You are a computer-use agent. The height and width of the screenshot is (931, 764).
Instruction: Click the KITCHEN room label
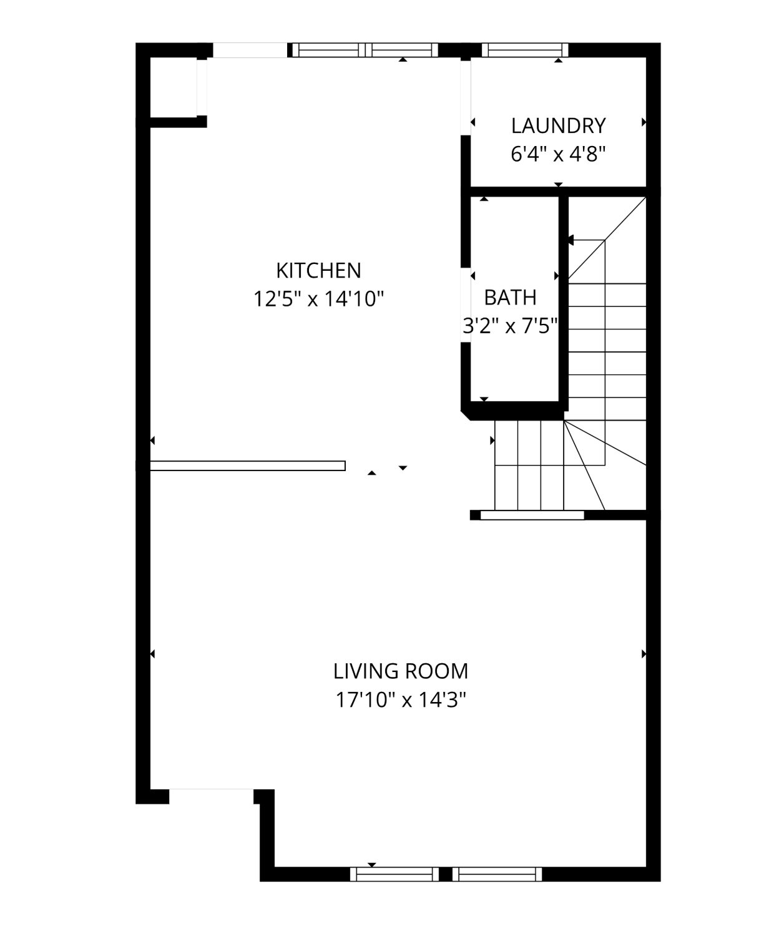coord(318,271)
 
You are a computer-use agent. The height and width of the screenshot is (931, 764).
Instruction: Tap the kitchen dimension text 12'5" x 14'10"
coord(318,300)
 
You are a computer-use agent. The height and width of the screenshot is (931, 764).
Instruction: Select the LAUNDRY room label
coord(558,126)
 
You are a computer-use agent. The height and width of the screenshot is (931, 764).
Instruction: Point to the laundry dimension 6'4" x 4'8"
coord(558,155)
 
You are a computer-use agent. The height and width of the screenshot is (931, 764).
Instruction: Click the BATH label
coord(510,298)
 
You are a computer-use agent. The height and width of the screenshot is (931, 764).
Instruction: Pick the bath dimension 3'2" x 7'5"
coord(510,327)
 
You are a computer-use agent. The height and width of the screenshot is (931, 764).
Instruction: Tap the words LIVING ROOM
coord(401,671)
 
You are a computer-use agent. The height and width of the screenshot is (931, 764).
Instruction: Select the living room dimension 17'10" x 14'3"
coord(401,700)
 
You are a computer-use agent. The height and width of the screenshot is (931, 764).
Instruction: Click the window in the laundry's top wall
coord(525,50)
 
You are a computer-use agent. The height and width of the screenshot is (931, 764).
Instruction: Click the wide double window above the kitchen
coord(365,50)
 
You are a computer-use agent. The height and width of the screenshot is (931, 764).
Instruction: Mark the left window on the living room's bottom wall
coord(394,874)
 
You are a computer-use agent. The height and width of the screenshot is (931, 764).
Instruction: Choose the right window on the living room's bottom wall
coord(497,874)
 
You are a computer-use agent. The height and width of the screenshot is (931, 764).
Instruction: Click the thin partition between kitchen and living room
coord(247,465)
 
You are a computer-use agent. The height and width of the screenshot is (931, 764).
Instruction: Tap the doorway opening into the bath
coord(466,305)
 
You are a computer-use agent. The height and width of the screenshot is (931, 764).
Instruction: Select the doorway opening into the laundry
coord(466,97)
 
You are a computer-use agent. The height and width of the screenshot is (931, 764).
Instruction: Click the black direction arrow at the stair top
coord(570,240)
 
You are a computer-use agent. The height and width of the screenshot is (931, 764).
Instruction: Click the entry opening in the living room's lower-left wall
coord(211,796)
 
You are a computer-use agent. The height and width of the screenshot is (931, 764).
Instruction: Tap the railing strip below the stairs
coord(532,515)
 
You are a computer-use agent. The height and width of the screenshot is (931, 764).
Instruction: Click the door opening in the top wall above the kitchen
coord(250,50)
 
